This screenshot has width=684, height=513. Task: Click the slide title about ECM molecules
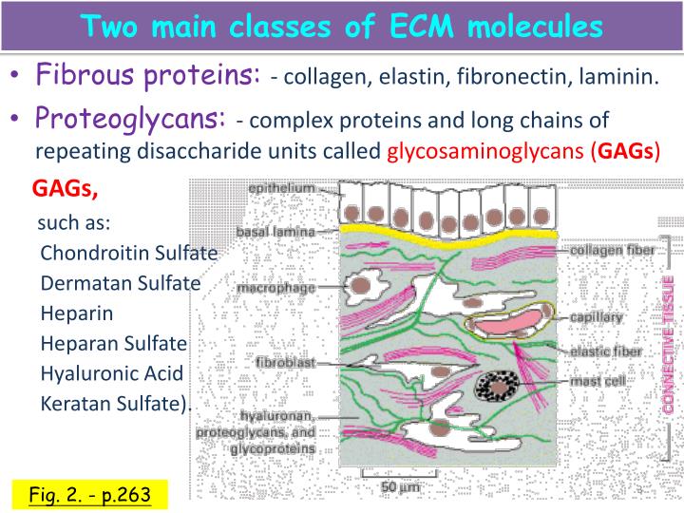342,26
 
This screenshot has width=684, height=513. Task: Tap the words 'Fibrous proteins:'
148,74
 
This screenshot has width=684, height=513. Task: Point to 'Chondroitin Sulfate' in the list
129,254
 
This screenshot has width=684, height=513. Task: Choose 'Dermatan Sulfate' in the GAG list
121,283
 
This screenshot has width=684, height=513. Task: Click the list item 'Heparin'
77,313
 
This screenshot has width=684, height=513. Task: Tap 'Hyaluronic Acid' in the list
111,373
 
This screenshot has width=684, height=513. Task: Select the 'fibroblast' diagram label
285,363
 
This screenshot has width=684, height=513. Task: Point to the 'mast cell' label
597,382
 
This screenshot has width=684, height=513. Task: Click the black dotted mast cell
495,387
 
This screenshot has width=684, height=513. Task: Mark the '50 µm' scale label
400,487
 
